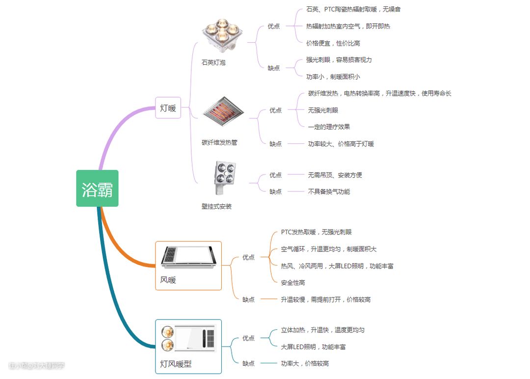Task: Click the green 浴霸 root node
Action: (x=97, y=189)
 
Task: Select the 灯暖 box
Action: (x=168, y=108)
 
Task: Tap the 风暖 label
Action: (x=168, y=280)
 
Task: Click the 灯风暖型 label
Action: (x=176, y=364)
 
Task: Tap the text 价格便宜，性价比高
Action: (x=333, y=43)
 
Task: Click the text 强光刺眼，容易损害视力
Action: (x=339, y=60)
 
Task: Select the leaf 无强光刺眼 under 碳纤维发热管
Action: (x=323, y=110)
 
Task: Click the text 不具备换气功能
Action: (x=329, y=191)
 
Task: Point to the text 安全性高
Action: (x=293, y=283)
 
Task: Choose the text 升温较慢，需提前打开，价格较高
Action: (x=325, y=299)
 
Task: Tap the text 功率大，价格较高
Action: (x=305, y=363)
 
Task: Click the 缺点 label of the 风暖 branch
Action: (x=248, y=299)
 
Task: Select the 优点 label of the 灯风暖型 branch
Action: (x=248, y=338)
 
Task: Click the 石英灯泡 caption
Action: (x=213, y=63)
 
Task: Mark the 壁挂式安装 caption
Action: (x=216, y=207)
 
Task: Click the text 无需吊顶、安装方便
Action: (x=335, y=175)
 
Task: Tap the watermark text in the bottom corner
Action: (x=37, y=366)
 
